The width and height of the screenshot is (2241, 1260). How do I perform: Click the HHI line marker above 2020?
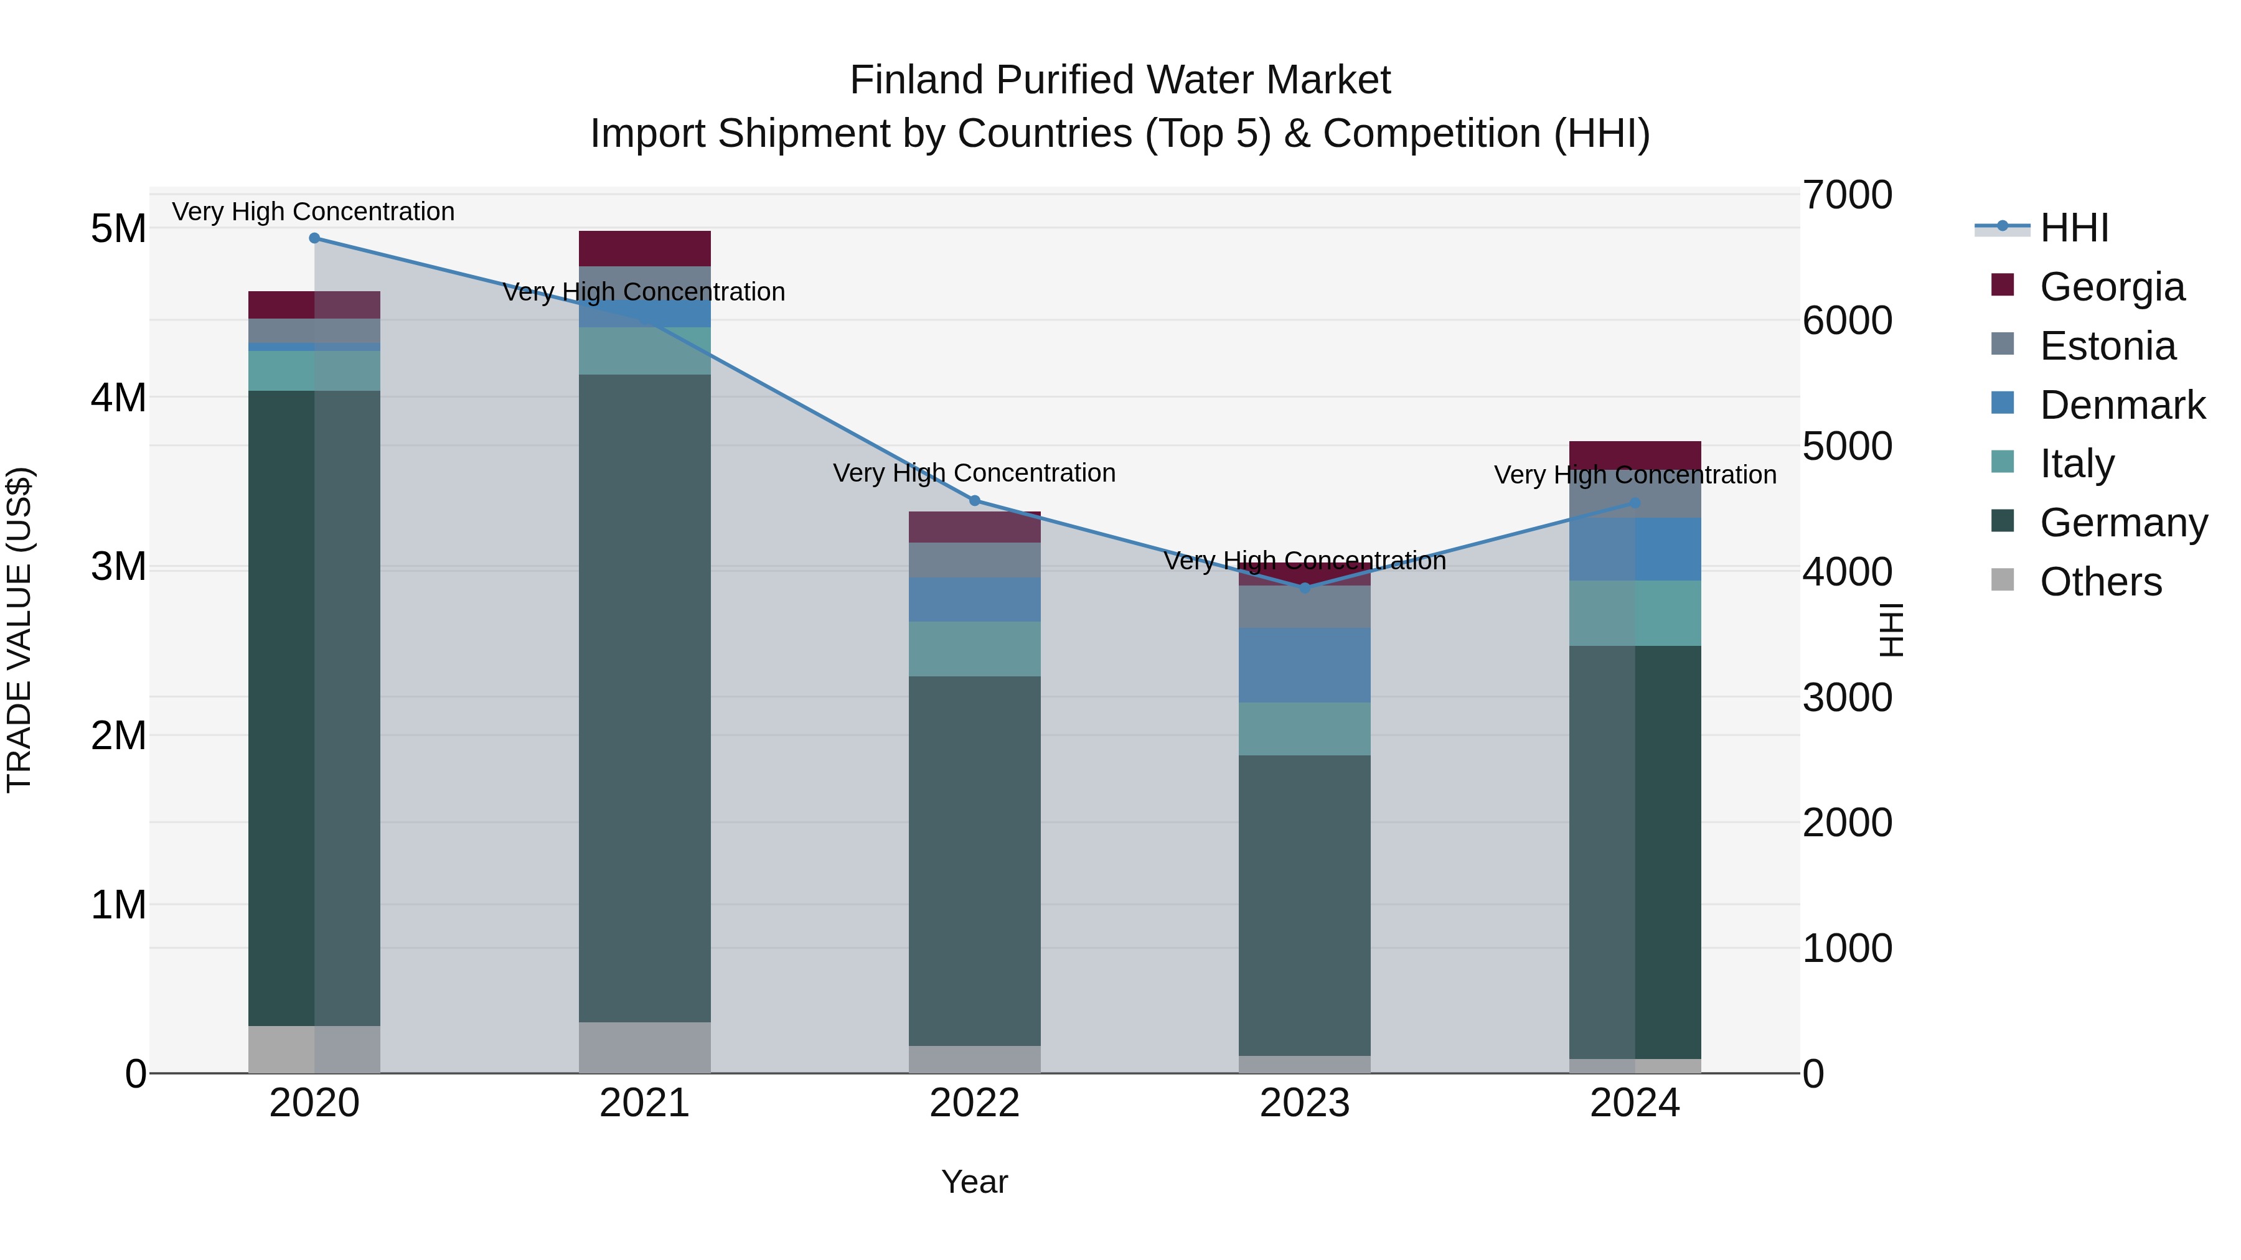pyautogui.click(x=314, y=238)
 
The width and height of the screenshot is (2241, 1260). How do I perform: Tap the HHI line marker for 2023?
pyautogui.click(x=1304, y=589)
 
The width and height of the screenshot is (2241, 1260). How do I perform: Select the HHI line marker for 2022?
pyautogui.click(x=974, y=501)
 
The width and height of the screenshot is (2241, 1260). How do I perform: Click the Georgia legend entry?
pyautogui.click(x=2112, y=287)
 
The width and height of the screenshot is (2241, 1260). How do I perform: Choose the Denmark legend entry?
pyautogui.click(x=2122, y=405)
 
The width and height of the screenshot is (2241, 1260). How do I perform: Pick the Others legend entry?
pyautogui.click(x=2100, y=582)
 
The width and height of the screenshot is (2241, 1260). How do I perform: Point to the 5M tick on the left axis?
pyautogui.click(x=118, y=229)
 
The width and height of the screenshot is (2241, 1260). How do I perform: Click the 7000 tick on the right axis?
pyautogui.click(x=1847, y=195)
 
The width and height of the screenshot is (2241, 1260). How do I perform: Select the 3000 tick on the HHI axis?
pyautogui.click(x=1847, y=698)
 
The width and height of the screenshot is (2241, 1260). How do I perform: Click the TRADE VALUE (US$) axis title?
pyautogui.click(x=19, y=630)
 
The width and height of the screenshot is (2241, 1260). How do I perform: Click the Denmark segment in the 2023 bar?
pyautogui.click(x=1304, y=665)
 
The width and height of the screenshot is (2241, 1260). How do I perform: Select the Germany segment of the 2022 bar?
pyautogui.click(x=974, y=861)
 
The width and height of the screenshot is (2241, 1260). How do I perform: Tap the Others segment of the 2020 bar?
pyautogui.click(x=314, y=1050)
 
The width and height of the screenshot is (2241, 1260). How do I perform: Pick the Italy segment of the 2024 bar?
pyautogui.click(x=1635, y=613)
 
